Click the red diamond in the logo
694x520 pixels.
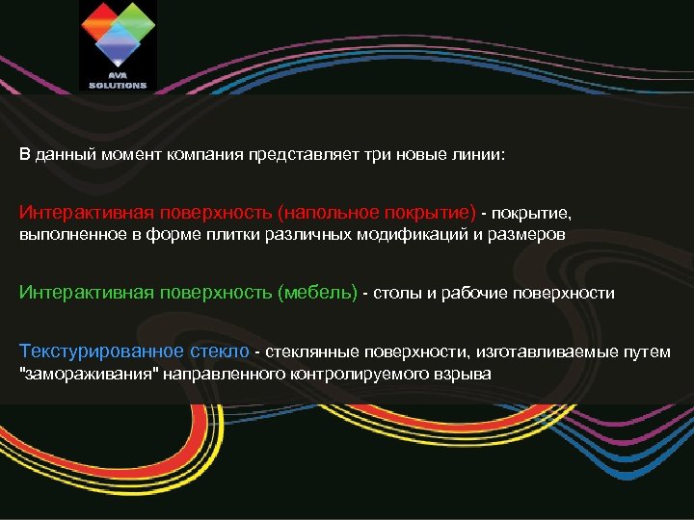tap(100, 20)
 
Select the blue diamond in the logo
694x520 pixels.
tap(118, 41)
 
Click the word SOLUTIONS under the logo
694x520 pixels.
tap(118, 85)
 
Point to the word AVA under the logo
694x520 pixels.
tap(118, 77)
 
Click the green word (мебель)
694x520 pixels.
tap(317, 293)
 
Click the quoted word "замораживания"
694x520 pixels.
tap(81, 374)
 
